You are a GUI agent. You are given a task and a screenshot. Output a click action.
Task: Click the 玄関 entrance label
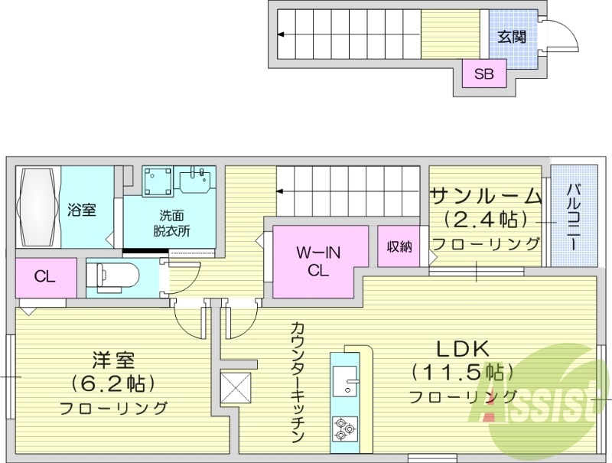click(x=510, y=36)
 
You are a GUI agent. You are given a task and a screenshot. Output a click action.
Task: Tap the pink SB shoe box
click(x=483, y=75)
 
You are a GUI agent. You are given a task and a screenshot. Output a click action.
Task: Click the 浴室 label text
click(x=81, y=209)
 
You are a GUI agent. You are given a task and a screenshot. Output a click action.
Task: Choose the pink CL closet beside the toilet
click(x=45, y=277)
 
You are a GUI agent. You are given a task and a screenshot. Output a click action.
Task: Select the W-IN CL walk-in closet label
click(x=317, y=260)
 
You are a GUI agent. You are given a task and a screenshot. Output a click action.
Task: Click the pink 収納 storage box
click(x=399, y=246)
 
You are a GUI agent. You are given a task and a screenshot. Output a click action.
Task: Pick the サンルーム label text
click(x=486, y=194)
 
